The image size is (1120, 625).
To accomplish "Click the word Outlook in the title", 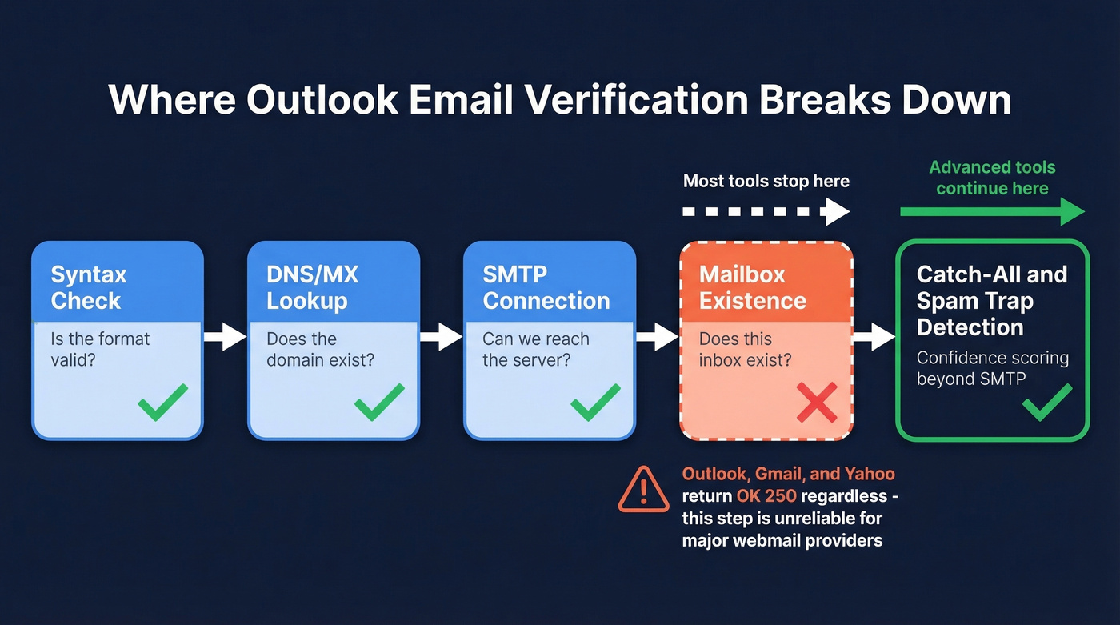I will (x=322, y=101).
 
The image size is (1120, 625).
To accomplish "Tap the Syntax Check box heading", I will (x=88, y=287).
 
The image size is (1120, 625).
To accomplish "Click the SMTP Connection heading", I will (x=546, y=287).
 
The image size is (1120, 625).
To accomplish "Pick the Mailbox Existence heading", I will (x=752, y=287).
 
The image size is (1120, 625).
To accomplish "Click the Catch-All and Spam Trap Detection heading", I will (x=991, y=301).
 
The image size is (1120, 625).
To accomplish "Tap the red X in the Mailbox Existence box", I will (x=816, y=402).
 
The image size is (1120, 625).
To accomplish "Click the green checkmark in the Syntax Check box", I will (x=162, y=402).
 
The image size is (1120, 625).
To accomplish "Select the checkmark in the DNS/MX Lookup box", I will (x=379, y=402).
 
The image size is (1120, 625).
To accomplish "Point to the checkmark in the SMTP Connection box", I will (x=595, y=402).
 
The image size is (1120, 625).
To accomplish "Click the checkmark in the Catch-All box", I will (x=1047, y=402).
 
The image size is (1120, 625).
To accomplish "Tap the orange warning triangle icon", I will (x=643, y=491).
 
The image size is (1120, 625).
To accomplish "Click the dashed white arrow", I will (x=765, y=212).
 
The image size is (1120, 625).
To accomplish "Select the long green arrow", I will (x=992, y=212).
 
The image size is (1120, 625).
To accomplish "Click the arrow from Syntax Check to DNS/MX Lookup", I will (x=225, y=338).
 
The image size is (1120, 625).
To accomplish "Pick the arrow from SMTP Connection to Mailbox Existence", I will (x=657, y=338).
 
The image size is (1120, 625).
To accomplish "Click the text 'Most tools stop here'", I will (x=766, y=182).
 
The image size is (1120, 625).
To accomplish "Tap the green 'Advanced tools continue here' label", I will (x=992, y=178).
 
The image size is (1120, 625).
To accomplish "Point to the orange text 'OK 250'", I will (x=766, y=496).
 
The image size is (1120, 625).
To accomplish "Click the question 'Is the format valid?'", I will (x=100, y=349).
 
